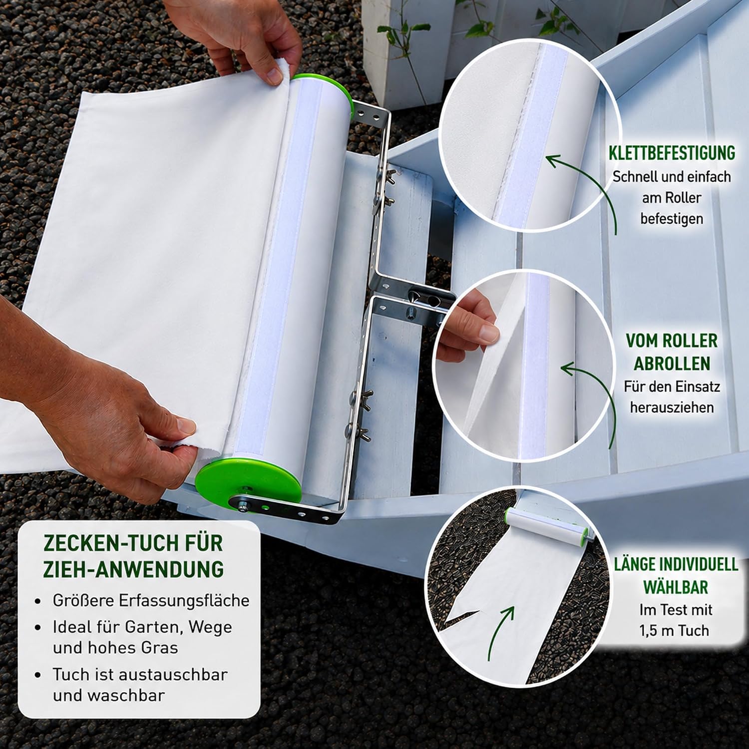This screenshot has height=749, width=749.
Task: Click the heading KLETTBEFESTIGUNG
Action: click(x=672, y=153)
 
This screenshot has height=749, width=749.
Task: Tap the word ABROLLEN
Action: click(x=672, y=364)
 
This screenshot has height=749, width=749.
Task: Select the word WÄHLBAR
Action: click(x=676, y=587)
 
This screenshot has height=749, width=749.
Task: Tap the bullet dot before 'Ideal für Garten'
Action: click(x=38, y=628)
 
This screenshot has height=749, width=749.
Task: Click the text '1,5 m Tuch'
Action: click(x=674, y=631)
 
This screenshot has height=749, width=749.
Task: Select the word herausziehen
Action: click(x=672, y=407)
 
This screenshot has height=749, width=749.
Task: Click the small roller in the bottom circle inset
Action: click(x=548, y=525)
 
